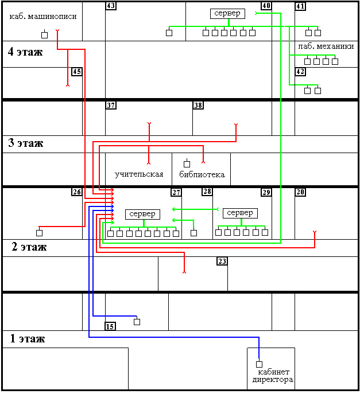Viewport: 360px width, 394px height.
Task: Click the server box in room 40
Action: [x=227, y=14]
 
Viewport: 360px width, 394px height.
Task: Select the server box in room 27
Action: [x=142, y=214]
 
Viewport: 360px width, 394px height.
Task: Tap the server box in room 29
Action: [x=240, y=213]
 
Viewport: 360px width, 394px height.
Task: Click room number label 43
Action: [x=111, y=6]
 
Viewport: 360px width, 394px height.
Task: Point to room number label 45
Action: [x=77, y=72]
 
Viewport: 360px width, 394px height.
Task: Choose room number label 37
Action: [x=111, y=106]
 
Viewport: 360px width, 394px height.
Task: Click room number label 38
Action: [x=198, y=106]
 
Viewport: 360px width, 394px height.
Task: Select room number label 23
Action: [x=222, y=262]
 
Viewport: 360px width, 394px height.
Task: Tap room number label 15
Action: [x=110, y=326]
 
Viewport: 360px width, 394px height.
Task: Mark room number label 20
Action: [x=300, y=192]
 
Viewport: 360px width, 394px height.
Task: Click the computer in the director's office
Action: [x=259, y=364]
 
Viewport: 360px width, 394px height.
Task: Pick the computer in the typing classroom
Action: [x=45, y=34]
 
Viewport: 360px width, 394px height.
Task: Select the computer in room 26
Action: [x=39, y=233]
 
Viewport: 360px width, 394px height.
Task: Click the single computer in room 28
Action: [x=193, y=233]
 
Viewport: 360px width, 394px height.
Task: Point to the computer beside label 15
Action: [x=137, y=322]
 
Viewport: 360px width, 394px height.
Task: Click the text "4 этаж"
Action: [x=25, y=52]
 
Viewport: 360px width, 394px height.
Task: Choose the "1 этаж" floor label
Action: [x=27, y=338]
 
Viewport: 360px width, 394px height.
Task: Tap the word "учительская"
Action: [x=139, y=174]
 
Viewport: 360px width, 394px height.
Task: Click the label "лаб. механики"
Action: [x=326, y=46]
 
